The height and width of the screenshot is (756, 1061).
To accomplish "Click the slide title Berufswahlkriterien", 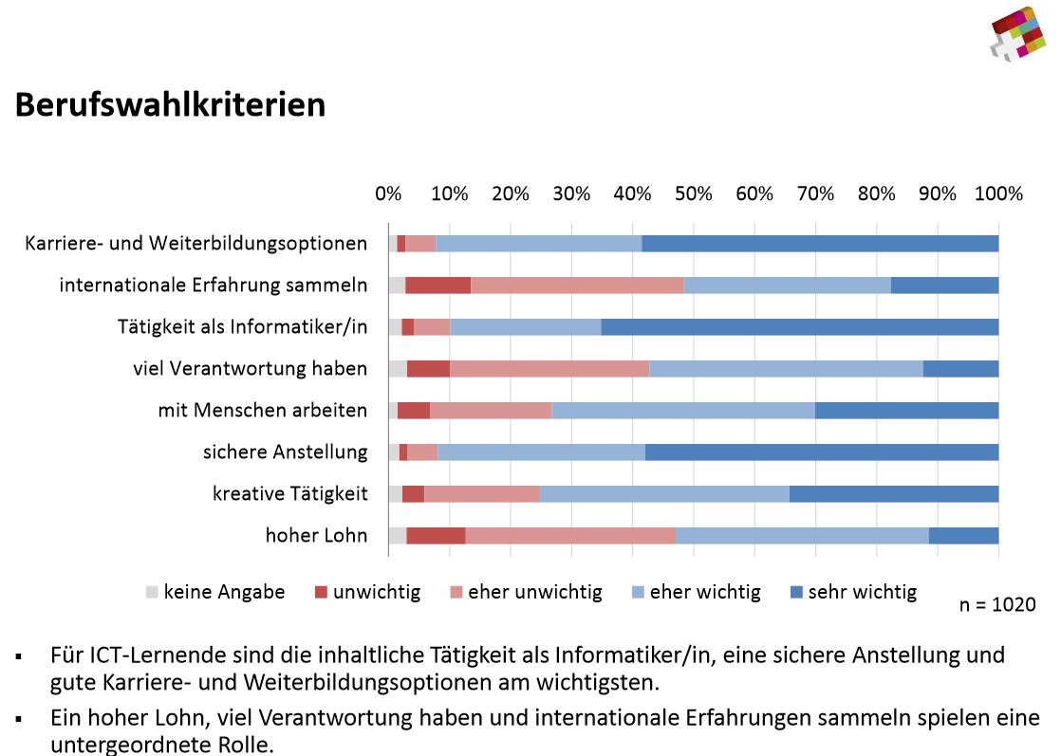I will tap(170, 104).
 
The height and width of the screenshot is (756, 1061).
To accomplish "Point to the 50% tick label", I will tap(693, 194).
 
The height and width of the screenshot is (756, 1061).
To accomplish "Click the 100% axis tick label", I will tap(998, 194).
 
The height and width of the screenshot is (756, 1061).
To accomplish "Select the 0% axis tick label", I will tap(388, 194).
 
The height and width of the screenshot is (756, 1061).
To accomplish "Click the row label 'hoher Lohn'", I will tap(316, 535).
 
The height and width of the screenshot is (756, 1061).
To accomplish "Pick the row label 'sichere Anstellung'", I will tap(285, 452).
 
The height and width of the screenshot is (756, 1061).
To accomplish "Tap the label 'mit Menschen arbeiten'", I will tap(262, 410).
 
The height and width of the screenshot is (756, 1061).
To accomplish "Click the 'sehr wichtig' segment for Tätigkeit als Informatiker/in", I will tap(799, 327).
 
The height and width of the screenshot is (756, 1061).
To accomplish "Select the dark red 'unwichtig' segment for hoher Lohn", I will tap(436, 535).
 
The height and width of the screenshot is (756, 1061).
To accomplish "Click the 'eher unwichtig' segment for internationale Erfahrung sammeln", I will tap(577, 286).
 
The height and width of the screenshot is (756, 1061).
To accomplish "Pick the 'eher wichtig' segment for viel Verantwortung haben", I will tap(786, 369).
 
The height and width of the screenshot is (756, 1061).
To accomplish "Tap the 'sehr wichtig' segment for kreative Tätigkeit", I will tap(893, 493).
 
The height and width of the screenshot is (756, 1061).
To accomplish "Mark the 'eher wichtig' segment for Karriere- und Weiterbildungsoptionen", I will tap(538, 244).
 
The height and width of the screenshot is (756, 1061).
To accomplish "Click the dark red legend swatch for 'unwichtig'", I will tap(321, 593).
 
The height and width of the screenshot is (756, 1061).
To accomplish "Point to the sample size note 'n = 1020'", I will tap(994, 604).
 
